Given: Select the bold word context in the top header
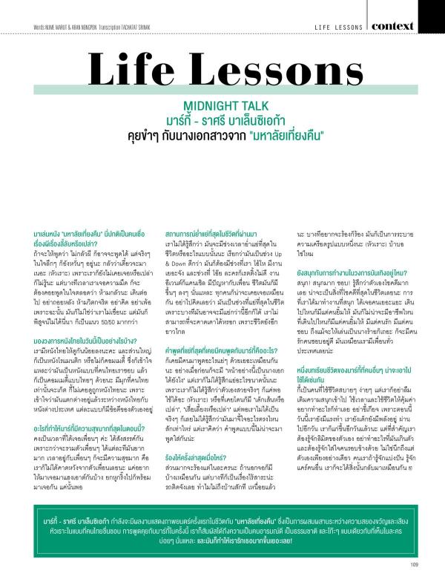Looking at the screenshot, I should pos(412,26).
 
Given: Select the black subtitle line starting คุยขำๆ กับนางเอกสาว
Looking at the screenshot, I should pos(222,135).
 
